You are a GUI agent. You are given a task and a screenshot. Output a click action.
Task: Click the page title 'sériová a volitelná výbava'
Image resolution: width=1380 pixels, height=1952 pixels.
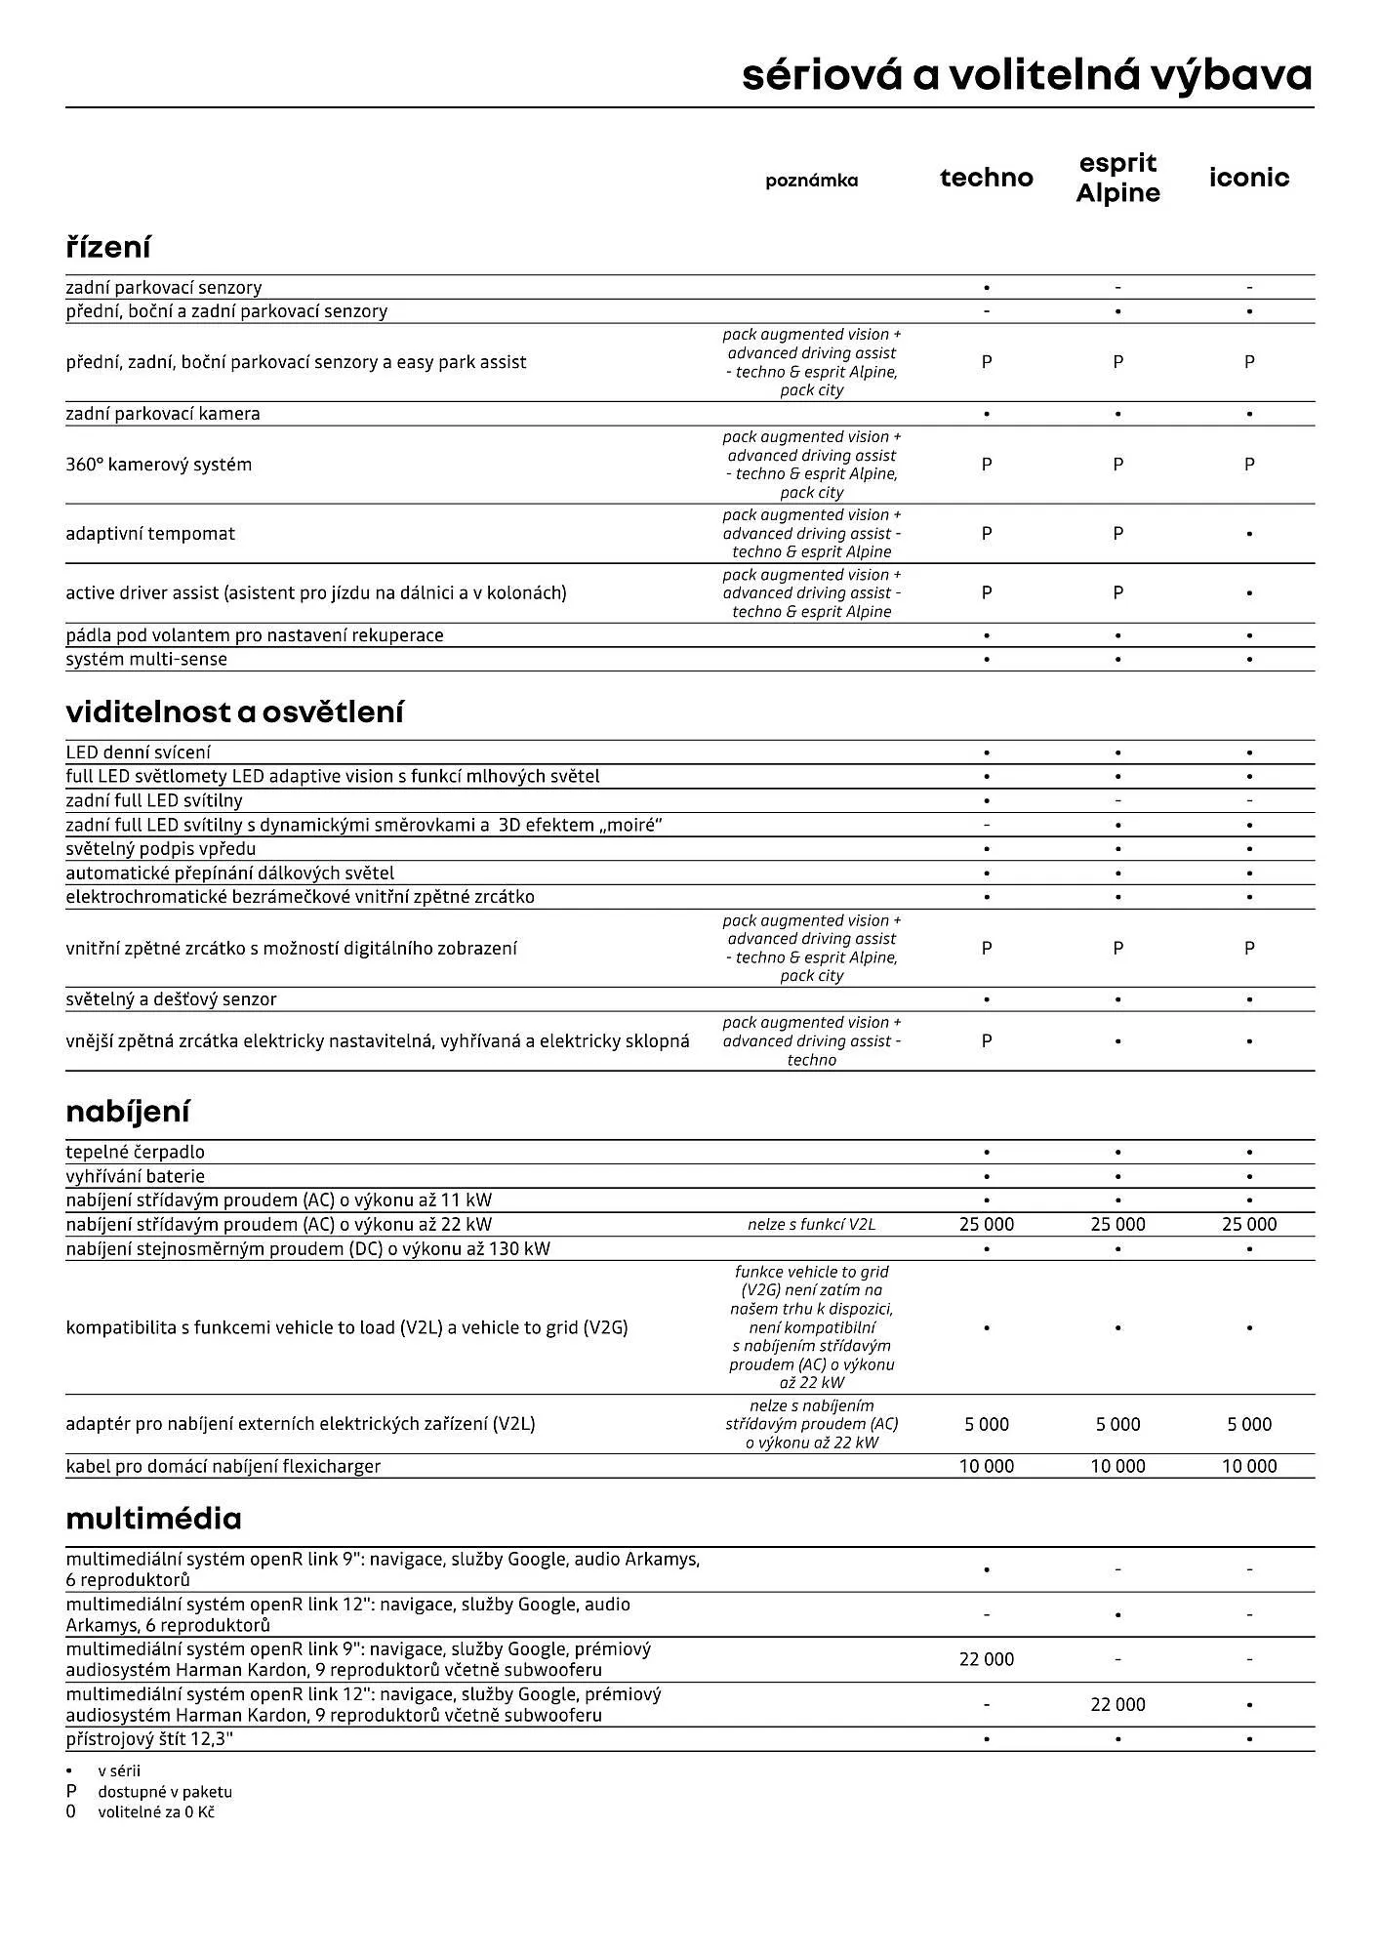point(1027,75)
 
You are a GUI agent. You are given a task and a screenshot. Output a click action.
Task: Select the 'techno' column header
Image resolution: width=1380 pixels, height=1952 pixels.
point(986,178)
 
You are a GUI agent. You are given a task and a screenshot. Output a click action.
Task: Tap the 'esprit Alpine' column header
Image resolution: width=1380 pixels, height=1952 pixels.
point(1117,178)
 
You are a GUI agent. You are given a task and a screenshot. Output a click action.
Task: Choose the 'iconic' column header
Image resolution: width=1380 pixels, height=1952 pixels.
point(1248,178)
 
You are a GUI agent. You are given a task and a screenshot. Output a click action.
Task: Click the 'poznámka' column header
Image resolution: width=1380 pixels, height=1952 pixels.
point(811,181)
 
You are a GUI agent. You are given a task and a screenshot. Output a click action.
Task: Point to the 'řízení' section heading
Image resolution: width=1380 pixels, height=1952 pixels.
point(108,247)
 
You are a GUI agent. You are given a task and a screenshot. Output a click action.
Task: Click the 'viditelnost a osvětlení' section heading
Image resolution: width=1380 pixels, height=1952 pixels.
point(234,712)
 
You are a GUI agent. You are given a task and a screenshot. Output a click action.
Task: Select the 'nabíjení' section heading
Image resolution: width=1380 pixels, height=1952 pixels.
point(128,1112)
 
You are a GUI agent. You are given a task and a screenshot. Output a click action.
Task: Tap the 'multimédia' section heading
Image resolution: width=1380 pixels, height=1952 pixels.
point(153,1519)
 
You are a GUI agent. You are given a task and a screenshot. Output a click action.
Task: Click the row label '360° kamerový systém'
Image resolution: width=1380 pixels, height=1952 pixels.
point(158,465)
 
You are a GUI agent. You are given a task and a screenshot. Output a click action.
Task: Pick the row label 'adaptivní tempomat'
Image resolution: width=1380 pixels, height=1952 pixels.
point(150,534)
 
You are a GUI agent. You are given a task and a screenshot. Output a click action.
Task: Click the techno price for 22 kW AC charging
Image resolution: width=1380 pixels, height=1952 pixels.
point(986,1225)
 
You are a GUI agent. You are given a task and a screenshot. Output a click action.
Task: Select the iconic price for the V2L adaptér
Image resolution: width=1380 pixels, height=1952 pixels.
point(1248,1425)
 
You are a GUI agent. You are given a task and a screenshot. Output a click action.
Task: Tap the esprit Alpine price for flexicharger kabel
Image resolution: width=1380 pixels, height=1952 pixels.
point(1117,1467)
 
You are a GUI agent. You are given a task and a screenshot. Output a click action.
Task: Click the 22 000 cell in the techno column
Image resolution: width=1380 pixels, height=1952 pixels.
point(986,1659)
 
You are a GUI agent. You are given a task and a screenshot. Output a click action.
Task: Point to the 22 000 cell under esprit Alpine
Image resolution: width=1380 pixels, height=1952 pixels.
point(1117,1704)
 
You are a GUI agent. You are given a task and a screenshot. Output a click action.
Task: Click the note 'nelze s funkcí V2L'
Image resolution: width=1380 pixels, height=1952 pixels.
point(811,1225)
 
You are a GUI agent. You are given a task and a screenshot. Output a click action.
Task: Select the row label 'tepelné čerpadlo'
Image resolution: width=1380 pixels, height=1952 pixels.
point(135,1153)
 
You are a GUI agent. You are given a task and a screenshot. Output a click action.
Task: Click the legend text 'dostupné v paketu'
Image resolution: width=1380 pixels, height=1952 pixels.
point(165,1792)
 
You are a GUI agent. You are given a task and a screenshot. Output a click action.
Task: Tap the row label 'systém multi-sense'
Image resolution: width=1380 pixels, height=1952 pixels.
point(146,660)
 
